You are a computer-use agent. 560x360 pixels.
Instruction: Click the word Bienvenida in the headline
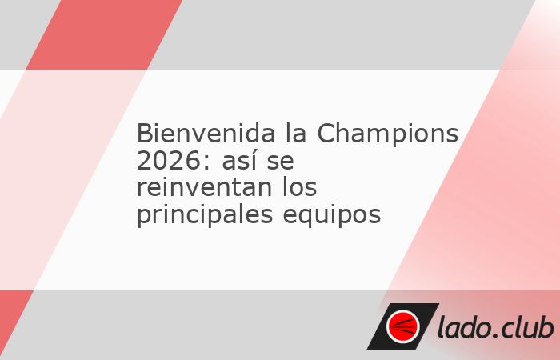pyautogui.click(x=206, y=134)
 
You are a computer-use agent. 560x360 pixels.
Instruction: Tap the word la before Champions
pyautogui.click(x=296, y=133)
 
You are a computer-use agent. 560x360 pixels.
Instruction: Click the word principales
pyautogui.click(x=205, y=215)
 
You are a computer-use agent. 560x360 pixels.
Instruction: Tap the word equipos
pyautogui.click(x=332, y=215)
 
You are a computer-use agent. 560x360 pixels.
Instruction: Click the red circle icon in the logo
pyautogui.click(x=403, y=326)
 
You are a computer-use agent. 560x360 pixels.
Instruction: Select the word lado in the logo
pyautogui.click(x=463, y=326)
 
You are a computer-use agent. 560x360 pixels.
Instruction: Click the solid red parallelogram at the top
pyautogui.click(x=104, y=34)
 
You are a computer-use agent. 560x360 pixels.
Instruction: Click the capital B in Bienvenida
pyautogui.click(x=144, y=134)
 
